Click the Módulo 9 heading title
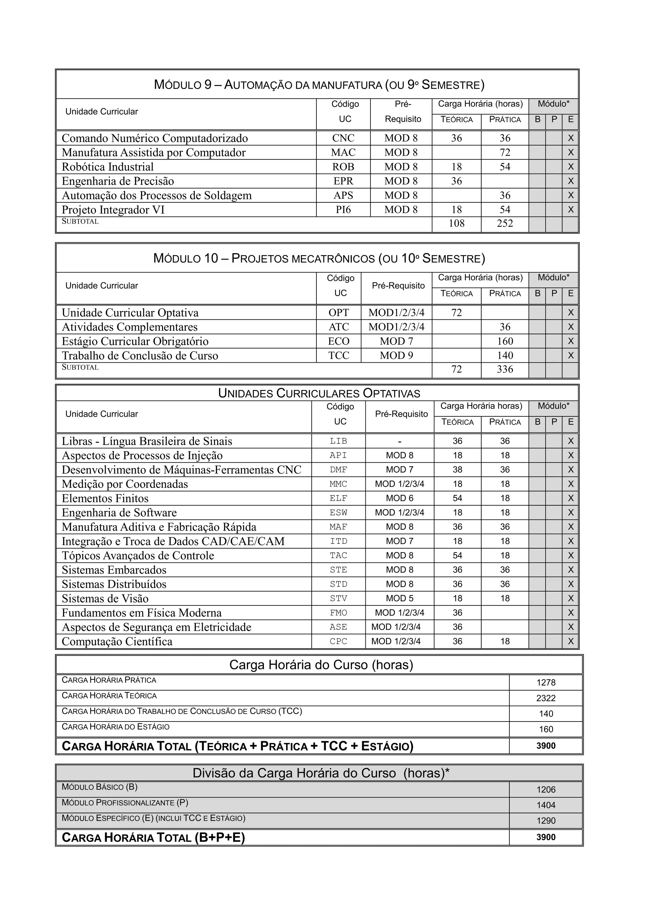coord(319,84)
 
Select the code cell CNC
coord(343,138)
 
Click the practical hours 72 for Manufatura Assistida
coord(505,152)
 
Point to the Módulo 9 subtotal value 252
coord(505,224)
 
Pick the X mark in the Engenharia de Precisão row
coord(570,181)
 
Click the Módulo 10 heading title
coord(319,259)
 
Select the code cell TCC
coord(339,355)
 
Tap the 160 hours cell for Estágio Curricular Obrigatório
coord(505,341)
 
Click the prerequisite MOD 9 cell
coord(396,355)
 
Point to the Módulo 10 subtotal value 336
coord(505,369)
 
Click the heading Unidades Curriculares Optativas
coord(319,393)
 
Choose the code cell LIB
coord(338,441)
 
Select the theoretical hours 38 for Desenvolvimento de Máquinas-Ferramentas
coord(457,470)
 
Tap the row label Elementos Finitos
coord(105,498)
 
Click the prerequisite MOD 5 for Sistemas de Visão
coord(399,599)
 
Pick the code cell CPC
coord(338,642)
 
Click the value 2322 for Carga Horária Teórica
coord(546,698)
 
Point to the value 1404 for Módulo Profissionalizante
coord(546,805)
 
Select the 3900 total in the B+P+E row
coord(546,837)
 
